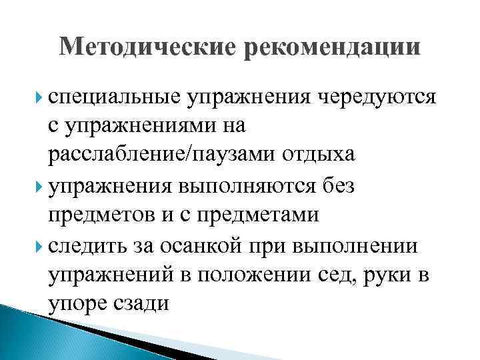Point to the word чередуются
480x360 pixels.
pyautogui.click(x=377, y=99)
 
